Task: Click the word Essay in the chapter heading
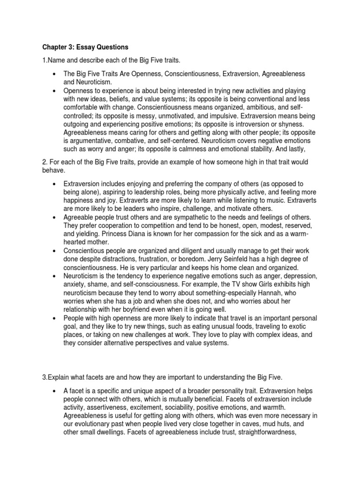tap(85, 47)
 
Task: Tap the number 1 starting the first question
tap(44, 61)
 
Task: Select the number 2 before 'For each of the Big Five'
tap(44, 162)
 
